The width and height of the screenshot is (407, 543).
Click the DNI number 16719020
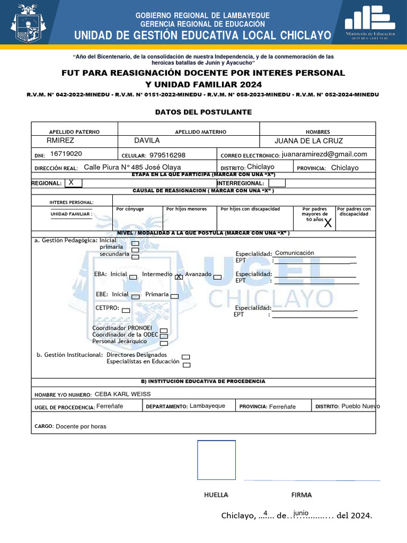coord(66,154)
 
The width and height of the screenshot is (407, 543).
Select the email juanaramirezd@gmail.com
coord(324,154)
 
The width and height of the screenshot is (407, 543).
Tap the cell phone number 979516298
coord(167,155)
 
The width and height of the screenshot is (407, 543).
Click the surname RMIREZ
coord(60,141)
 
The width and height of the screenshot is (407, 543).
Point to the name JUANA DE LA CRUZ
coord(308,141)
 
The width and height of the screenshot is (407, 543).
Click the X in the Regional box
coord(72,182)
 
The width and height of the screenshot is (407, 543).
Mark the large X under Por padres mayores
coord(328,223)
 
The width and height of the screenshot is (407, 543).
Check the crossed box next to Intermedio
coord(179,276)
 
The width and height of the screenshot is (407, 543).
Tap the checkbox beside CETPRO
coord(126,310)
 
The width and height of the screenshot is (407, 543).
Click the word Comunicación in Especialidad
coord(295,253)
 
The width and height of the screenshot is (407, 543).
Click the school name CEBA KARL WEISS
coord(122,394)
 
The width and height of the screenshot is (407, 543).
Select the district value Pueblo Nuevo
coord(360,406)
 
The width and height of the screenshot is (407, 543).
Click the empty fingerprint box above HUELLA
coord(216,460)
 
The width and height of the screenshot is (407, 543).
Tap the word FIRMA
coord(302,495)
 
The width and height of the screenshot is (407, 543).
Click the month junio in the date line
coord(300,513)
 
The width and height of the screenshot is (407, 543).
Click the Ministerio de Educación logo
coord(370,22)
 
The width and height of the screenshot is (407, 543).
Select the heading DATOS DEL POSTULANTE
coord(196,112)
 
